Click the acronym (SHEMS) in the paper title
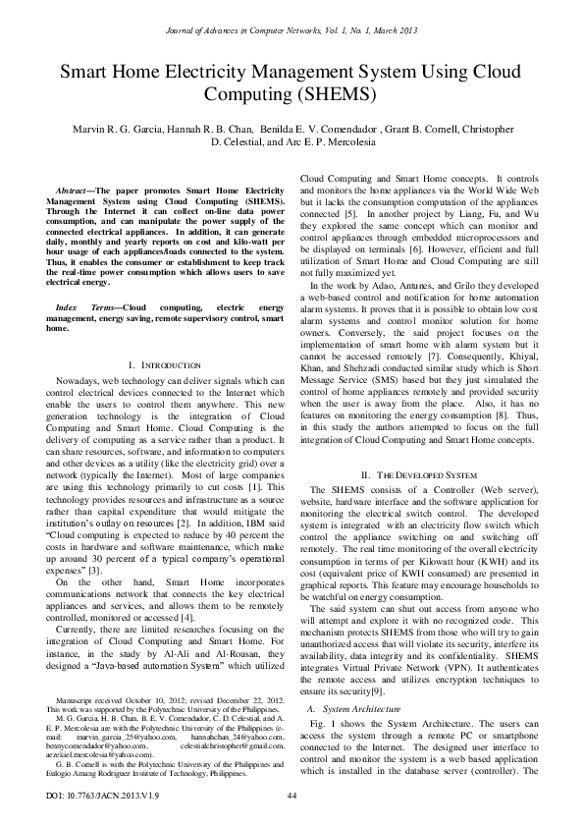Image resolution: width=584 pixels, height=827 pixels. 334,94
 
